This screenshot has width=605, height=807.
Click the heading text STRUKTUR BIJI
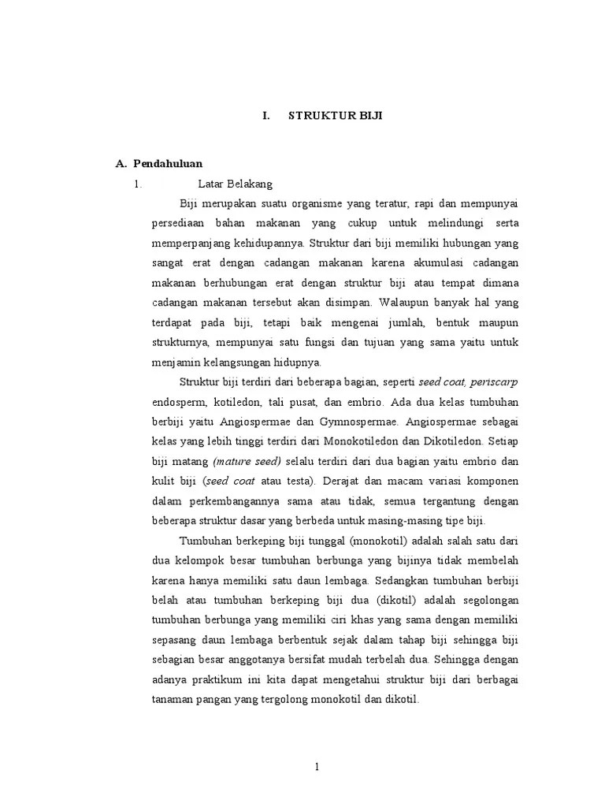pos(336,115)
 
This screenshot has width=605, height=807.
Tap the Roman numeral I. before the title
pos(266,115)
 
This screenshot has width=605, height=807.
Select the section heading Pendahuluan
pos(169,164)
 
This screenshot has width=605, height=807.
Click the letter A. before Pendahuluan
pos(121,164)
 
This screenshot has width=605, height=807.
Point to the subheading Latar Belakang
pos(235,184)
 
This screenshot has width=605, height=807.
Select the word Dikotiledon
pos(450,441)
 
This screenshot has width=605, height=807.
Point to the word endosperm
pos(178,402)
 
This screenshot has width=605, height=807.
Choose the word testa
pos(291,481)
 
